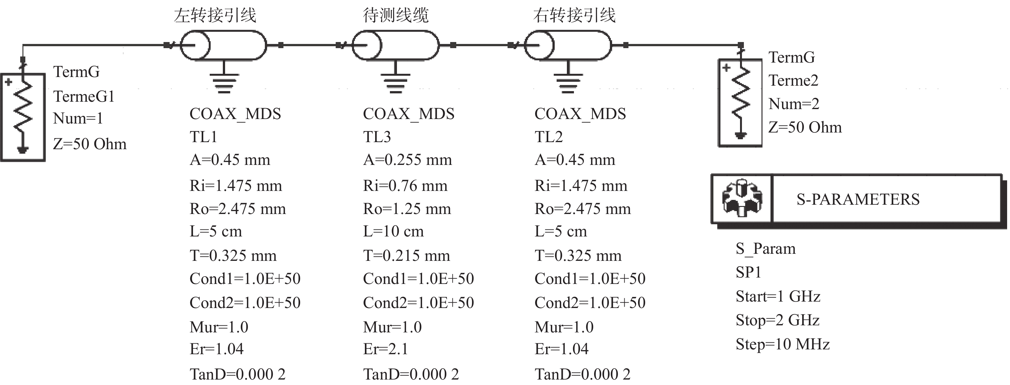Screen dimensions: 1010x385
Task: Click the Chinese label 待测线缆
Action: [x=396, y=16]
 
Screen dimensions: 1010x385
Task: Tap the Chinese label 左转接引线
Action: [x=215, y=16]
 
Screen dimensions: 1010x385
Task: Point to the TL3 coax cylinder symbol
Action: [x=396, y=46]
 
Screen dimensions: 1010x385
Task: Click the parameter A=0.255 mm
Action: [x=408, y=160]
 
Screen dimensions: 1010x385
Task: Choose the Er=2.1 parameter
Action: [x=385, y=348]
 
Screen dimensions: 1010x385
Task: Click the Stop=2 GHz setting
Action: [x=778, y=320]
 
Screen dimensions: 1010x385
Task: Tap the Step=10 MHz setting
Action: [x=783, y=344]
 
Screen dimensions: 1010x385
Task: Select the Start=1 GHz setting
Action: [x=778, y=296]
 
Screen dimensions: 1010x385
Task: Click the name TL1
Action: [x=203, y=137]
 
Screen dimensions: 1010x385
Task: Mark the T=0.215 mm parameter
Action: [x=406, y=255]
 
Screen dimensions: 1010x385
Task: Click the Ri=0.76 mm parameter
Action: [x=405, y=186]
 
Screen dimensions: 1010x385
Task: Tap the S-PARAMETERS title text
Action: [x=858, y=199]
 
